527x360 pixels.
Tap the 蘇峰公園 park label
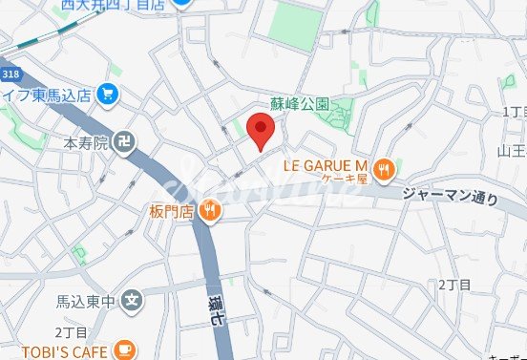(x=300, y=103)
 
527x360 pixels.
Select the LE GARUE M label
(x=326, y=164)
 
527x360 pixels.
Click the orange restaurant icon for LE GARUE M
(x=384, y=169)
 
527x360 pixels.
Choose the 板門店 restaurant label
(x=172, y=211)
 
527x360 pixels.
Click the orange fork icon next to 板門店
(x=210, y=211)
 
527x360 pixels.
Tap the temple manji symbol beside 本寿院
(x=122, y=144)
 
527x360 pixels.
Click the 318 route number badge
(x=11, y=74)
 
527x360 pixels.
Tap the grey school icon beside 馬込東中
(x=132, y=302)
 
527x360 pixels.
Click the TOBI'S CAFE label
(x=58, y=350)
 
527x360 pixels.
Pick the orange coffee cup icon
(x=123, y=350)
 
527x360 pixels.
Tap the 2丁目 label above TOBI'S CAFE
(x=70, y=331)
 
